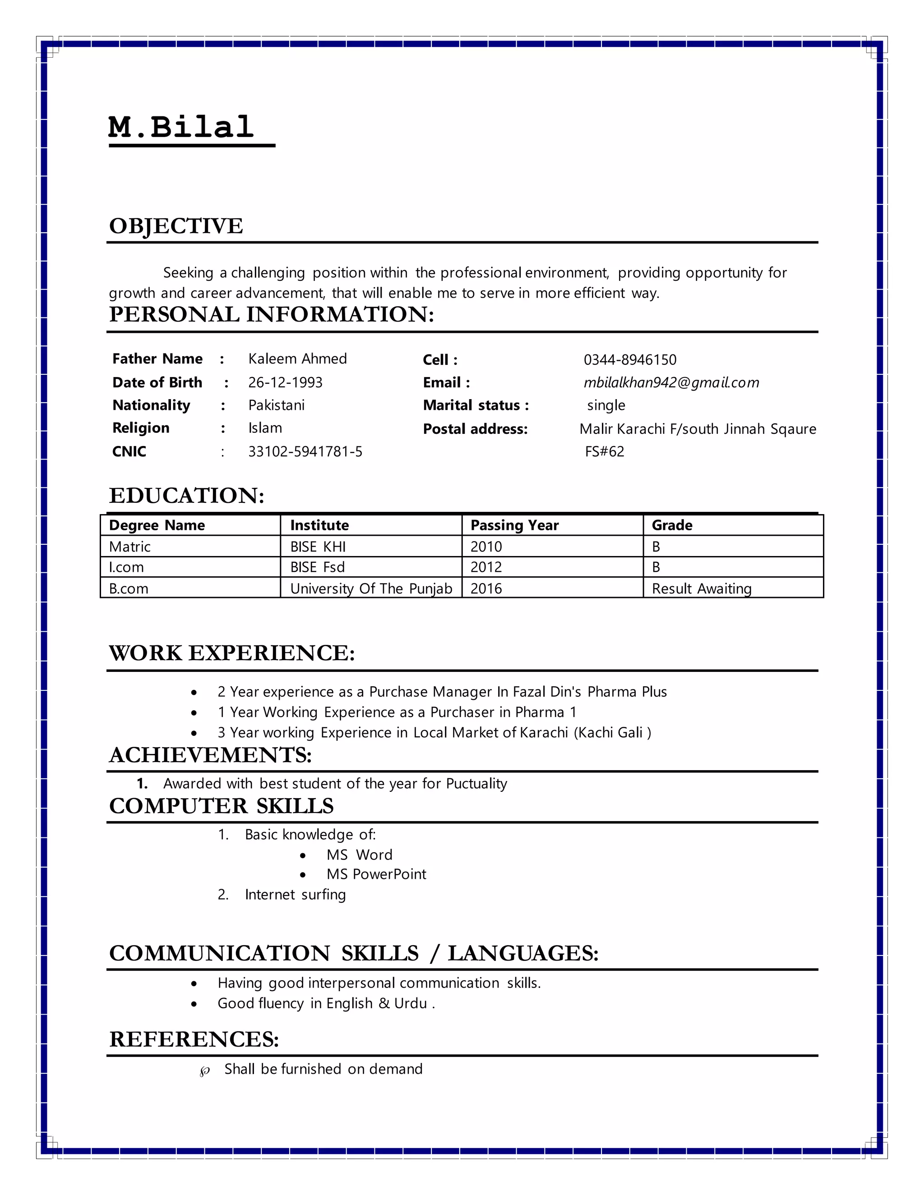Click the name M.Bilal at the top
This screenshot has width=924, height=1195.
[x=181, y=128]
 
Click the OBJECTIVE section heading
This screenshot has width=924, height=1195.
[x=176, y=226]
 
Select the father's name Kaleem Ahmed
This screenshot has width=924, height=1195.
[x=297, y=359]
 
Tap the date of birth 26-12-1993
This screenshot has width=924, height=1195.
[x=285, y=382]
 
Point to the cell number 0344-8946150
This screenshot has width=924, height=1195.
[x=629, y=360]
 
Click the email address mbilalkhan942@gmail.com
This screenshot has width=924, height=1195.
[x=671, y=382]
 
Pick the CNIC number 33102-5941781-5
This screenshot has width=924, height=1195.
[x=305, y=452]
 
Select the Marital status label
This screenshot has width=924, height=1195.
[x=476, y=405]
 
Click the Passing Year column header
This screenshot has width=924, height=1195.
[x=514, y=525]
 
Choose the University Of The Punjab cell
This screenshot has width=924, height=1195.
[x=370, y=589]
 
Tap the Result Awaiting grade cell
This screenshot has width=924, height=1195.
[x=701, y=589]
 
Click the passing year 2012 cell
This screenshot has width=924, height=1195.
[x=486, y=567]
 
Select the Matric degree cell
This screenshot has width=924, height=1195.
[x=130, y=547]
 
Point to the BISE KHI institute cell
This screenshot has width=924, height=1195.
[x=318, y=547]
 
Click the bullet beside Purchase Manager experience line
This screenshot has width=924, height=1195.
[x=194, y=693]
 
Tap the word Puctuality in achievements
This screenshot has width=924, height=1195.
[x=476, y=784]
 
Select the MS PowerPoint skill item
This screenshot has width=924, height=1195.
[x=376, y=874]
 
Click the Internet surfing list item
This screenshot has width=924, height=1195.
[x=295, y=895]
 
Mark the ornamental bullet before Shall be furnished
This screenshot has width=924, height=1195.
[x=205, y=1071]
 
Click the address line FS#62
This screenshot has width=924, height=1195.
[x=604, y=452]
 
